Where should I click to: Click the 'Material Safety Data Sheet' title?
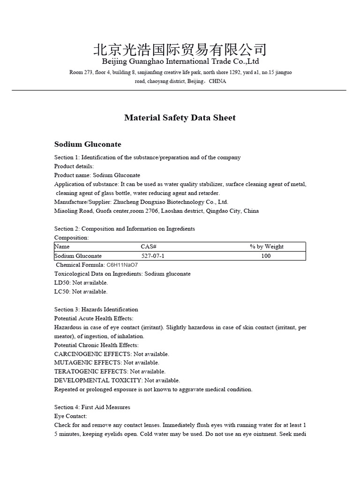coord(180,118)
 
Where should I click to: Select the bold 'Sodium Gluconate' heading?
coord(88,144)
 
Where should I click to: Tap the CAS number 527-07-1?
coord(153,256)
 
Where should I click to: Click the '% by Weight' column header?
coord(267,247)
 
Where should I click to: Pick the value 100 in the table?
coord(266,256)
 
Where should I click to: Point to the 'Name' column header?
coord(62,247)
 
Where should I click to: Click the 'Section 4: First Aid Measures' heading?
coord(92,407)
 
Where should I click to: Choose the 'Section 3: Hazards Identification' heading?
coord(96,309)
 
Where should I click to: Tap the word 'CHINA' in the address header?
coord(217,81)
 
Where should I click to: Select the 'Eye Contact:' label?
coord(71,416)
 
